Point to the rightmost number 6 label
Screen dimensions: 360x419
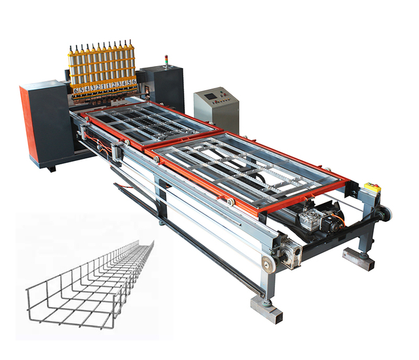[134, 82]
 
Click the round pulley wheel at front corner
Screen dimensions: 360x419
[267, 264]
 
